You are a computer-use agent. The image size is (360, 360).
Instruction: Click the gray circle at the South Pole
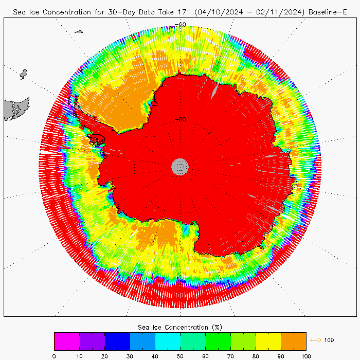[180, 166]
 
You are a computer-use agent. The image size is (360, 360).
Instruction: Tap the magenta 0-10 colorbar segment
[67, 341]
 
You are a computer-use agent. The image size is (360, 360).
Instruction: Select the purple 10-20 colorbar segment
[92, 341]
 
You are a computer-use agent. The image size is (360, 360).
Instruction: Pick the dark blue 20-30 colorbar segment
[117, 341]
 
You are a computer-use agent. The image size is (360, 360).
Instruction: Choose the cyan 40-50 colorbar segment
[168, 341]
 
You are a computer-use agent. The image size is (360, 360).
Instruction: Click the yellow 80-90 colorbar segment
[268, 341]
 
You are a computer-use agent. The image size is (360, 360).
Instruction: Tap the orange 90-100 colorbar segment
[294, 341]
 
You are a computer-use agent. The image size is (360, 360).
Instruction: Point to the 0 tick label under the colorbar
[54, 355]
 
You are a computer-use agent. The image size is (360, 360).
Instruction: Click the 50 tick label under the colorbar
[180, 355]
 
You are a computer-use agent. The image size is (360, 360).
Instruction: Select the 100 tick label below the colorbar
[306, 355]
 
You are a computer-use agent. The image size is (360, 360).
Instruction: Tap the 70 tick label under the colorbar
[230, 355]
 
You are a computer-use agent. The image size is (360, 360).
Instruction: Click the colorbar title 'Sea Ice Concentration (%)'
[180, 327]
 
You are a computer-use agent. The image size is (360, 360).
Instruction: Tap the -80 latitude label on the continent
[180, 119]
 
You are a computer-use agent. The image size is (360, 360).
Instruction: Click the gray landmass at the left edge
[15, 109]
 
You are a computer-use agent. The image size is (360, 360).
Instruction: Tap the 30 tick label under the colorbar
[130, 355]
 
